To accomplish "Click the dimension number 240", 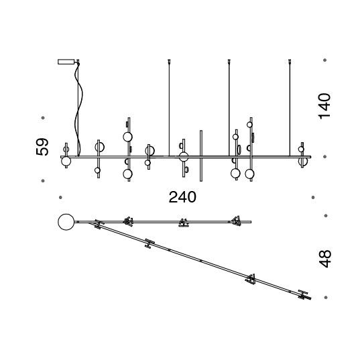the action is click(x=182, y=197).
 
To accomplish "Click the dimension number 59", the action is click(x=42, y=147).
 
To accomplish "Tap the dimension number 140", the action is click(x=324, y=106).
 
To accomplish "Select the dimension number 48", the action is click(x=325, y=259).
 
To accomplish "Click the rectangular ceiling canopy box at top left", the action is click(x=66, y=62).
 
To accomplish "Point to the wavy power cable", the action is click(x=78, y=110).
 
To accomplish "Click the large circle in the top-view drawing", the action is click(x=66, y=222).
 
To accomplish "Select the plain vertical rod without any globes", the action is click(x=201, y=156).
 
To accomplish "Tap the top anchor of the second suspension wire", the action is click(x=169, y=61).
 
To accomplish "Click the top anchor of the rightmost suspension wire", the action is click(x=290, y=61).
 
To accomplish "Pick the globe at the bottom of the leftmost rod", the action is click(x=66, y=161).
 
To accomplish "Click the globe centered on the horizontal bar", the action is click(x=184, y=157).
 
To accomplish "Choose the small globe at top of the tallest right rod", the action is click(x=249, y=125).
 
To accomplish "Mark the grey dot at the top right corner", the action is click(x=324, y=60).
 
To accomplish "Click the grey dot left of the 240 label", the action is click(x=60, y=198).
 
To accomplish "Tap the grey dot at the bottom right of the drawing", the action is click(x=326, y=298).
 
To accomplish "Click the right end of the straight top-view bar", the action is click(x=251, y=222).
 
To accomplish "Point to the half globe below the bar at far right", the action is click(x=303, y=161).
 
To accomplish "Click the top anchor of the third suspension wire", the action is click(x=229, y=61).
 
